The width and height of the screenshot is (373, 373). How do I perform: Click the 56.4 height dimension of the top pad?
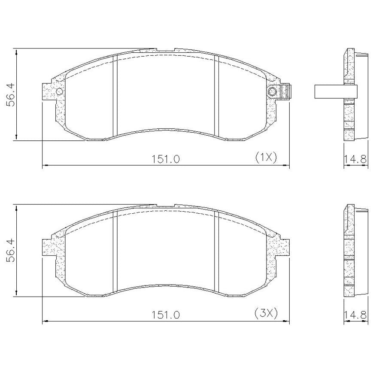(x=11, y=94)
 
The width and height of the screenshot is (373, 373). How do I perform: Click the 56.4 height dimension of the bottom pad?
(x=11, y=251)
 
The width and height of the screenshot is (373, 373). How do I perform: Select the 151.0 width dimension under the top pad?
(x=166, y=159)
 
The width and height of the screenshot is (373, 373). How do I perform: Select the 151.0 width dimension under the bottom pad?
(x=166, y=315)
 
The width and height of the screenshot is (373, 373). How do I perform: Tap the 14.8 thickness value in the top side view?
(x=355, y=159)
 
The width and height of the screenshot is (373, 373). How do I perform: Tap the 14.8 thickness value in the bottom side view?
(x=355, y=315)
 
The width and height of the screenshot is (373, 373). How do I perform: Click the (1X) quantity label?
(x=266, y=157)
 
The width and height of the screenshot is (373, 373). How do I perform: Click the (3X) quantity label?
(x=266, y=313)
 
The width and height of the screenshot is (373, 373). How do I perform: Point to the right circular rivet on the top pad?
(x=272, y=91)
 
